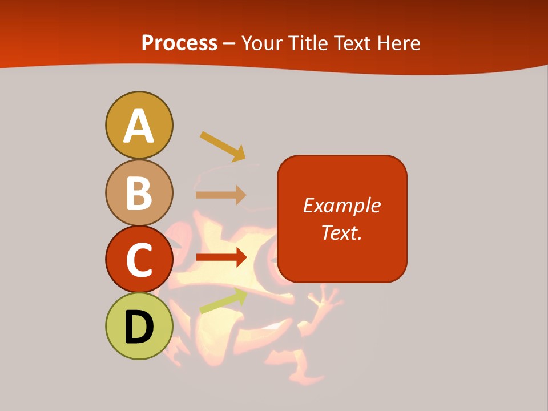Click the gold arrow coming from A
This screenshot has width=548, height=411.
223,146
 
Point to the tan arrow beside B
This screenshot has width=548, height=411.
221,195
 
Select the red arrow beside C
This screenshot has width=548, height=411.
221,257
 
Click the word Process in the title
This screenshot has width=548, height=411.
179,43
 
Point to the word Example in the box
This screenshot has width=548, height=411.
342,205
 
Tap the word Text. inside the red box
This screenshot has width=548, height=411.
342,232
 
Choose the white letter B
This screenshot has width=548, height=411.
139,193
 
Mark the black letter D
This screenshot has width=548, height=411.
139,327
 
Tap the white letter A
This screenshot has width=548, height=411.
139,126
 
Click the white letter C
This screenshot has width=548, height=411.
139,260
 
